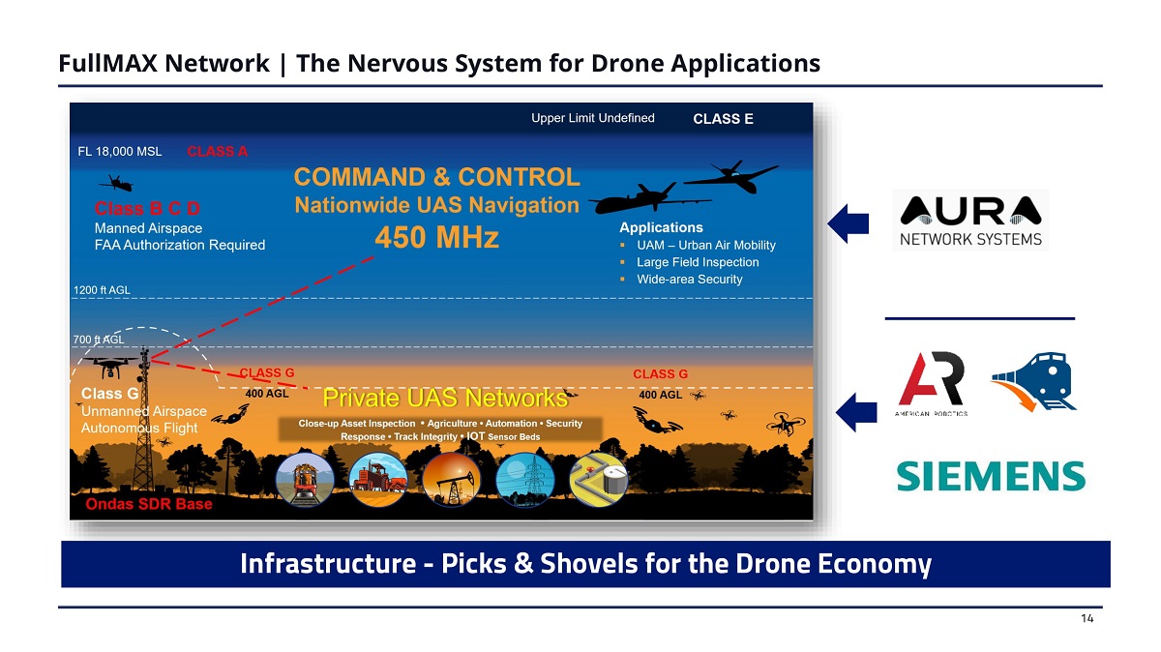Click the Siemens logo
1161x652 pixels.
click(x=991, y=476)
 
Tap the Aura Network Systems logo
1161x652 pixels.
click(x=970, y=221)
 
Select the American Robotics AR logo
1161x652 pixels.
click(x=932, y=383)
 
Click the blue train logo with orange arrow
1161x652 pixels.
click(x=1034, y=381)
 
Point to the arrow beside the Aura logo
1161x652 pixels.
click(x=848, y=223)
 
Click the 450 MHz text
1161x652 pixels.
click(x=437, y=237)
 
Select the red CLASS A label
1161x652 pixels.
click(x=217, y=151)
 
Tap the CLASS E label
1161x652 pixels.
click(x=723, y=119)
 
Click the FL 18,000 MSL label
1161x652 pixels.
click(x=120, y=151)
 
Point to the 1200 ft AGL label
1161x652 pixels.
click(x=102, y=289)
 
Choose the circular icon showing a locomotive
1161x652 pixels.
click(x=305, y=480)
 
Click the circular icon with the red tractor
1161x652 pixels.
click(x=378, y=480)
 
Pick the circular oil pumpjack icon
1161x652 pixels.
click(x=452, y=480)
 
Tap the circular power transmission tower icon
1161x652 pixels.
click(x=525, y=480)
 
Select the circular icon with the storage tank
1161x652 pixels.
click(x=599, y=480)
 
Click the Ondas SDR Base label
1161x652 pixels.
click(x=149, y=504)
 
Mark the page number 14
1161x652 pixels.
click(x=1087, y=618)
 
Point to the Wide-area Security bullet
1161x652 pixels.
click(x=689, y=280)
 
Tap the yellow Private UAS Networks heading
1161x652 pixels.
click(x=445, y=398)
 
